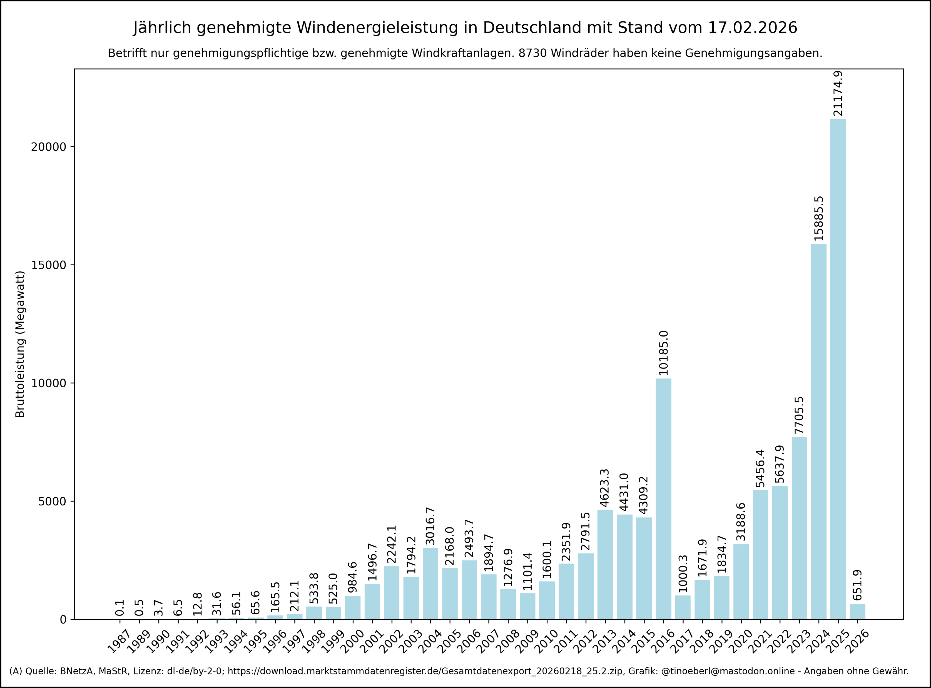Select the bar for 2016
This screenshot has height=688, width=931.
click(663, 498)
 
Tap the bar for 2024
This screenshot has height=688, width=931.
click(818, 431)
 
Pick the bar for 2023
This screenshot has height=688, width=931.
click(799, 528)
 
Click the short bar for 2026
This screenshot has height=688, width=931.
click(857, 611)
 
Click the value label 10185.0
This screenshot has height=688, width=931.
click(663, 353)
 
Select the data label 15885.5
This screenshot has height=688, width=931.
click(818, 219)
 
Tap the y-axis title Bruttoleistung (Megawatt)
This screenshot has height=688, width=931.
click(20, 344)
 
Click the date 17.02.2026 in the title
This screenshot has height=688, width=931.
click(752, 28)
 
